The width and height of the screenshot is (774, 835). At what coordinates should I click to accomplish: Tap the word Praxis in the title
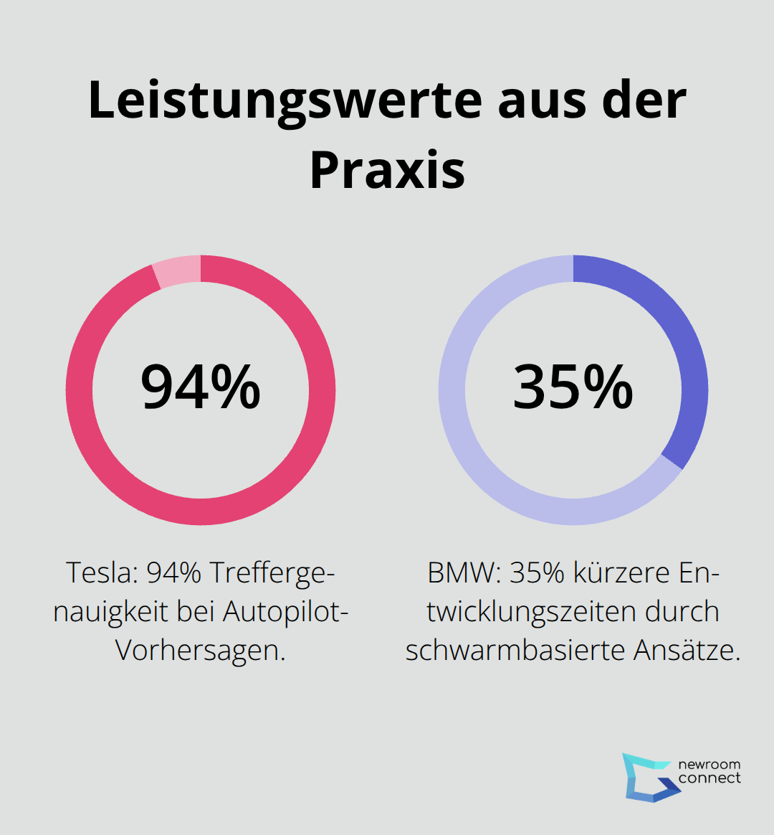(x=387, y=170)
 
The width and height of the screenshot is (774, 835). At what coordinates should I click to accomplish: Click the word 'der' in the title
(x=644, y=100)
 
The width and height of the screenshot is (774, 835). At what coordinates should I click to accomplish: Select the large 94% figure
(x=201, y=387)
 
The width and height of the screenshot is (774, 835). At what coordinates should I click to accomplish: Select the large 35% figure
(x=573, y=387)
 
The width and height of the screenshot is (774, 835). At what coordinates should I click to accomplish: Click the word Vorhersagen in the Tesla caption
(x=200, y=650)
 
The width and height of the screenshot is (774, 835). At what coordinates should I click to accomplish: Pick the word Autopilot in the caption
(x=285, y=612)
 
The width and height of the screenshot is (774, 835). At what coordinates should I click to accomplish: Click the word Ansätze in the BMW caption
(x=687, y=650)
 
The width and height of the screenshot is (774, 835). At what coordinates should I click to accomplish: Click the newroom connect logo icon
(x=649, y=777)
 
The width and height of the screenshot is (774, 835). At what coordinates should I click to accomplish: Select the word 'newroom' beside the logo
(x=709, y=764)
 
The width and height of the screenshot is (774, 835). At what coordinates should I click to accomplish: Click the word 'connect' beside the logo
(x=709, y=778)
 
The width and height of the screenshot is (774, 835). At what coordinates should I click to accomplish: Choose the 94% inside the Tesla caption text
(x=174, y=573)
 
